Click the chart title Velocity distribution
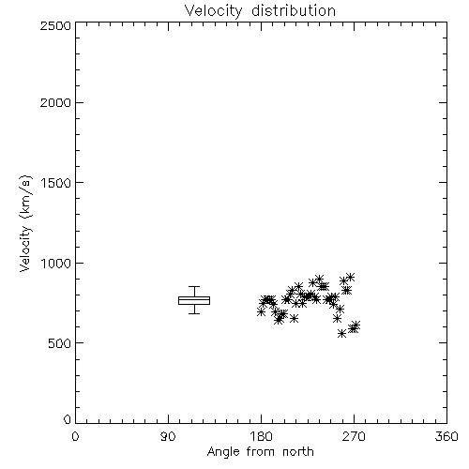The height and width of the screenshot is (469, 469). click(260, 10)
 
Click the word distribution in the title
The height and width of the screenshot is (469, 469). click(294, 10)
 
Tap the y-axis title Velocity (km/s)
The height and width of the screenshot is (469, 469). click(25, 223)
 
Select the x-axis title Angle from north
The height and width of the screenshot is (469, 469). click(260, 451)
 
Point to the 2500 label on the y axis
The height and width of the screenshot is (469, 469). click(55, 25)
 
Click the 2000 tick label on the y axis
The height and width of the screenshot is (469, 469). click(55, 102)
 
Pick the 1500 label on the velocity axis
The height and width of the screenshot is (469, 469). click(55, 183)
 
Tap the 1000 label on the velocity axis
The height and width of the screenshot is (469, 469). click(55, 264)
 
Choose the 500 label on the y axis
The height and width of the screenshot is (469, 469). click(59, 343)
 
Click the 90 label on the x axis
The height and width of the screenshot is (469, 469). click(168, 436)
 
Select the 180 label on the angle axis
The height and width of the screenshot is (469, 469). click(261, 436)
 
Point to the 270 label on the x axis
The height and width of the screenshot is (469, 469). click(354, 436)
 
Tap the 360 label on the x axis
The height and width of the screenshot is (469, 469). click(446, 436)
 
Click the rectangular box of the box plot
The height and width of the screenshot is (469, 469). click(194, 297)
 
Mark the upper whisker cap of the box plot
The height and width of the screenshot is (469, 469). click(194, 286)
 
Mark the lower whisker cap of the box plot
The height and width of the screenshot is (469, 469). click(194, 313)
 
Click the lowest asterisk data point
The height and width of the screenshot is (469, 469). click(342, 333)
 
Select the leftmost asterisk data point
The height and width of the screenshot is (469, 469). click(261, 311)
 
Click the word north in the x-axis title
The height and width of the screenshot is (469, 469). click(298, 451)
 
